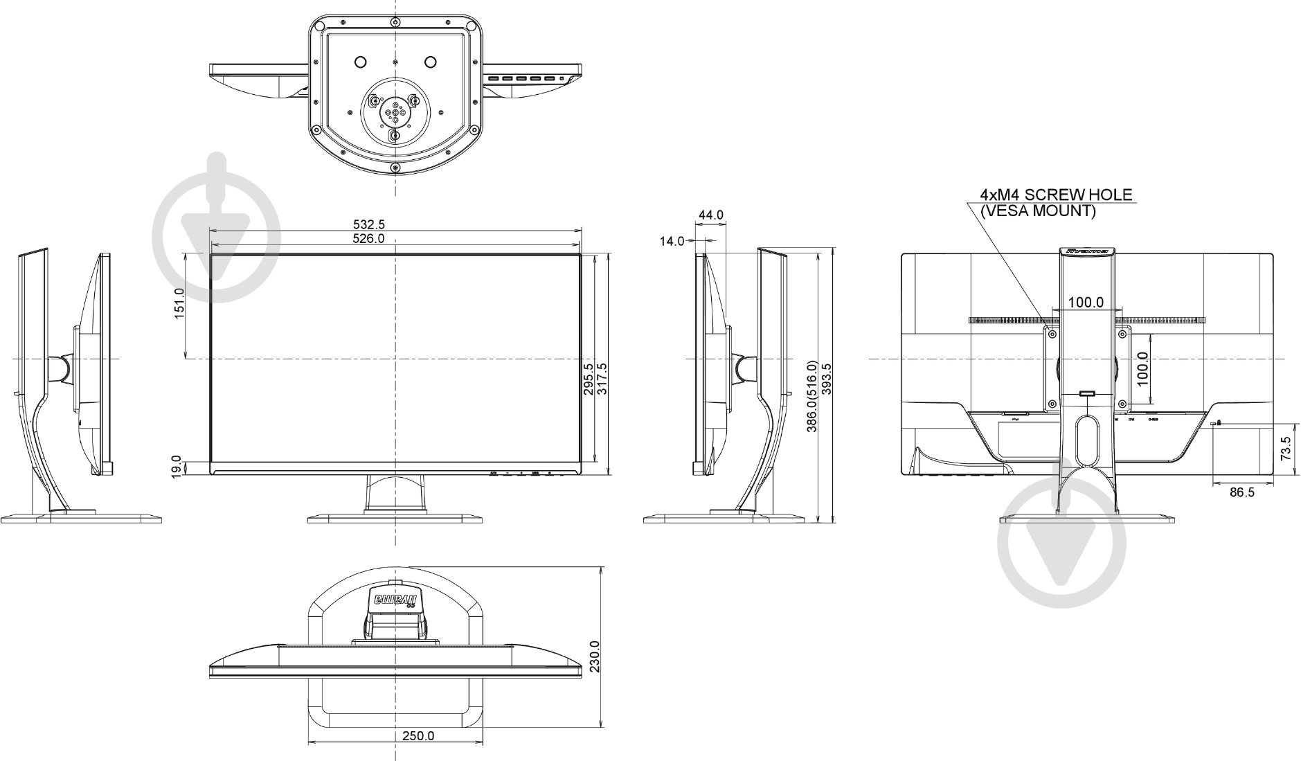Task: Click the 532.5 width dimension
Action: point(368,224)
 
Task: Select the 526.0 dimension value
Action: point(368,239)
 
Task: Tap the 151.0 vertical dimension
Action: point(179,303)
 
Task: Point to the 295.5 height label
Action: point(589,379)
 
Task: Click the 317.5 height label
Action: point(602,379)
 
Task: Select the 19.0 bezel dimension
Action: point(177,465)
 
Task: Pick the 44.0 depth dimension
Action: point(710,215)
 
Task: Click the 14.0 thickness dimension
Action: point(671,241)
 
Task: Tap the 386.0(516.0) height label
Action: point(812,396)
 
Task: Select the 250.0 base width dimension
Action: point(418,735)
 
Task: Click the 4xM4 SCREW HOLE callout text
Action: point(1056,195)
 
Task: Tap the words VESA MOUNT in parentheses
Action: point(1038,211)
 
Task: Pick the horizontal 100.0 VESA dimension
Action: point(1085,303)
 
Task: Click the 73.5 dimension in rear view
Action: point(1286,449)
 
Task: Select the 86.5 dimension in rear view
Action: point(1241,492)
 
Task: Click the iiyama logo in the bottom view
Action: point(395,599)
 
